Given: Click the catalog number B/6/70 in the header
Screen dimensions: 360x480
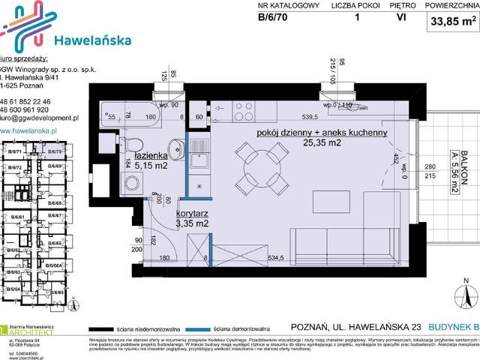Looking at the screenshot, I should point(273,20).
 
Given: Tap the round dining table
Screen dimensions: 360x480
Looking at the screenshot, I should point(259,165).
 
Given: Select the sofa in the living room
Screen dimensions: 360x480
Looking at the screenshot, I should point(345,246).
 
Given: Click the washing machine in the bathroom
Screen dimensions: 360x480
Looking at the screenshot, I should point(132,184).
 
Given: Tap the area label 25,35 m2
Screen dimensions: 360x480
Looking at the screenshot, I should point(323,142).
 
